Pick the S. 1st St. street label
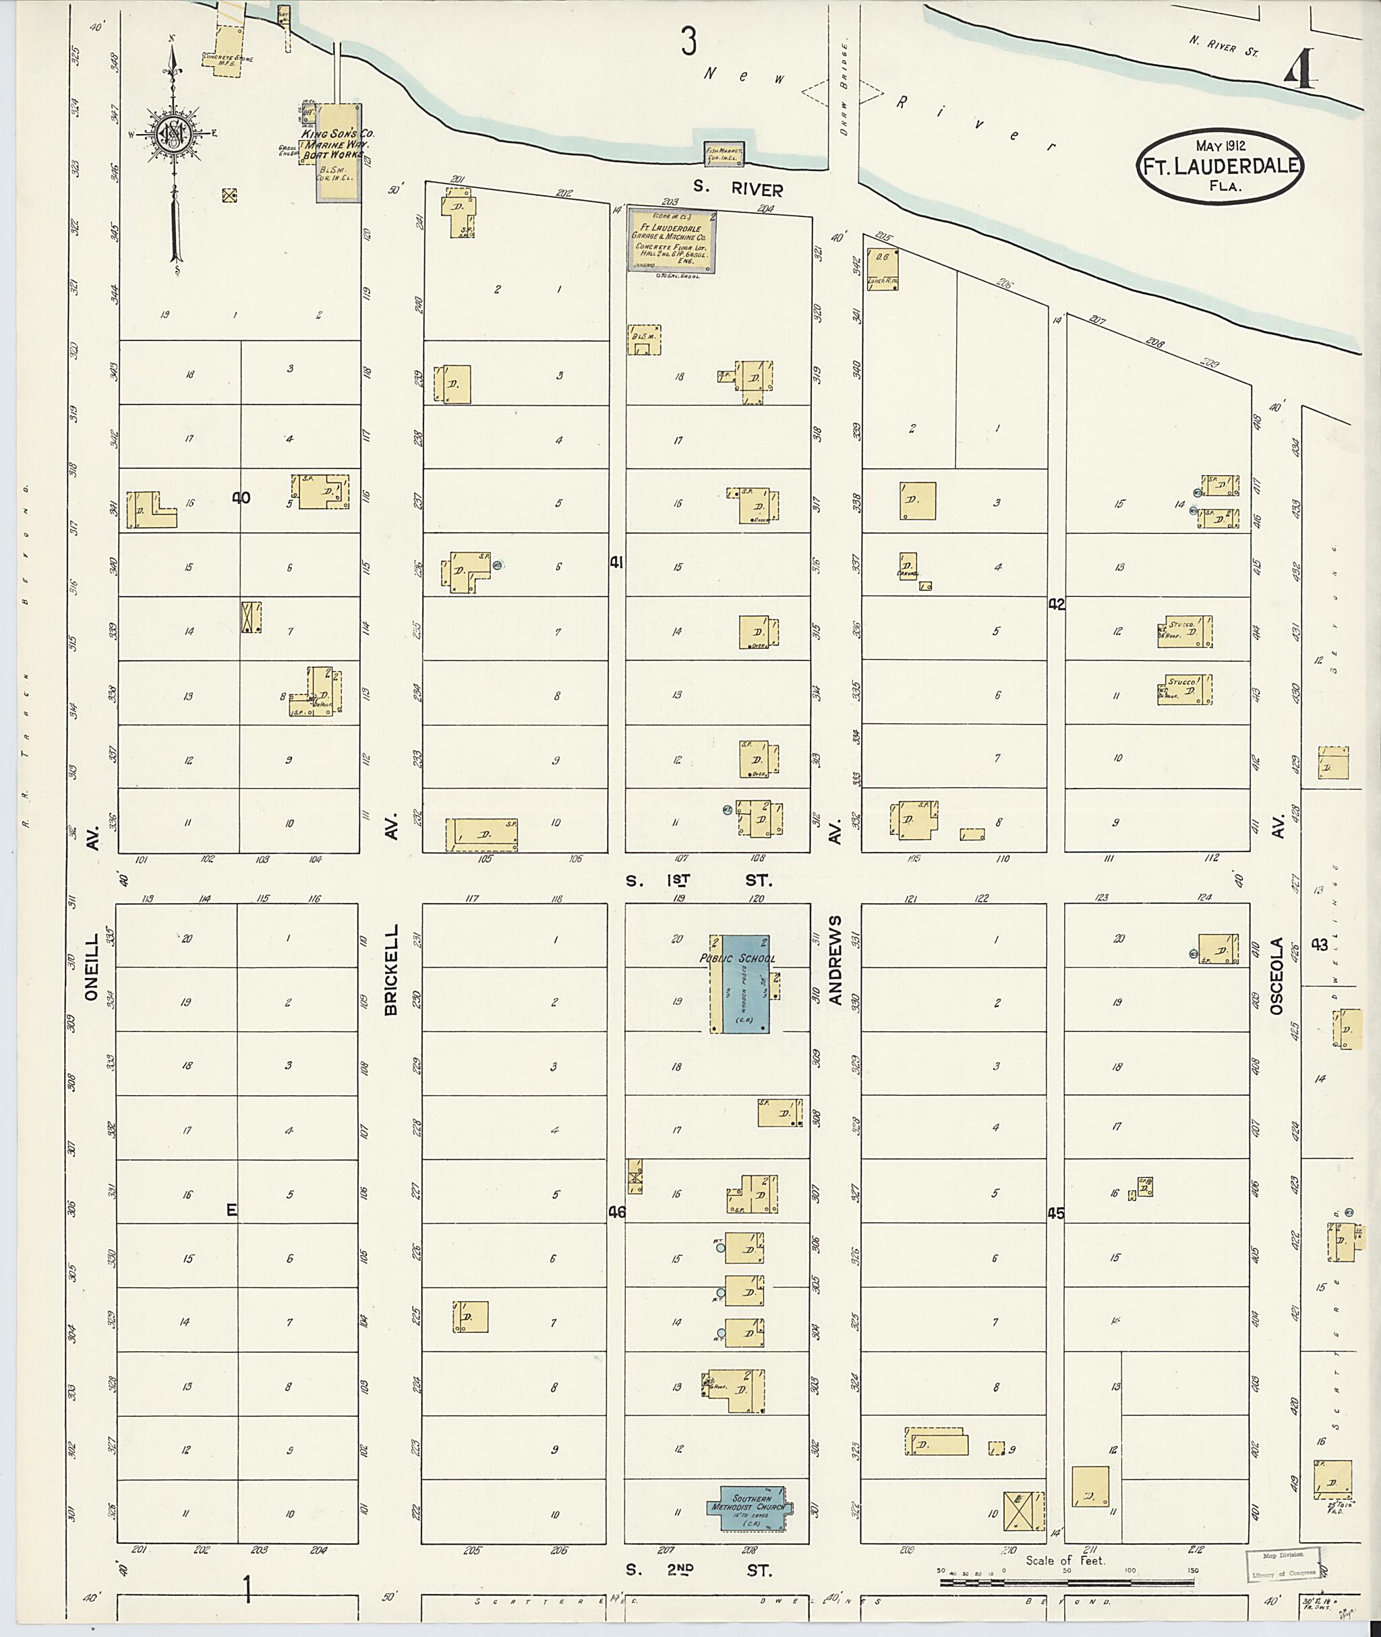699,880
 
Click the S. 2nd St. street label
699,1570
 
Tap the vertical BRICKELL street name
390,970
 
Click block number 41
617,562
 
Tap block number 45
1056,1214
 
